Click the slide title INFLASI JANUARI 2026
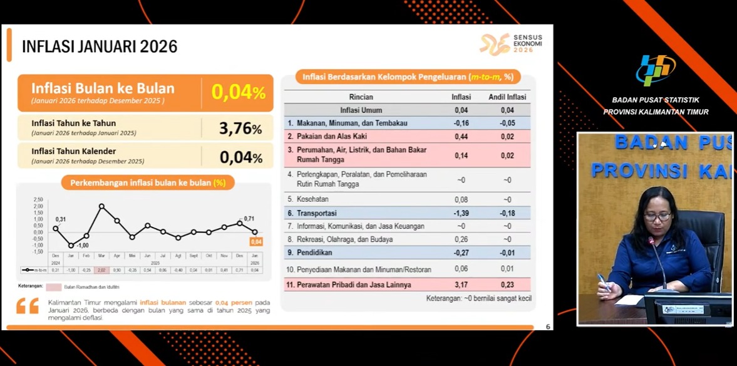pyautogui.click(x=100, y=46)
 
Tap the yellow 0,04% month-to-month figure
pyautogui.click(x=239, y=92)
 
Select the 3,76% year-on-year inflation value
pyautogui.click(x=240, y=128)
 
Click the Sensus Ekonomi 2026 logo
pyautogui.click(x=511, y=44)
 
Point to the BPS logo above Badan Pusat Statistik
pyautogui.click(x=656, y=70)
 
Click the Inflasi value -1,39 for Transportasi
pyautogui.click(x=461, y=213)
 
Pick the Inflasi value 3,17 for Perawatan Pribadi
pyautogui.click(x=461, y=285)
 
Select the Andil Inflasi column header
pyautogui.click(x=507, y=97)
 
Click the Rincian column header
pyautogui.click(x=361, y=97)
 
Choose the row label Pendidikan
pyautogui.click(x=314, y=253)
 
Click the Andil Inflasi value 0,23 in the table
pyautogui.click(x=507, y=285)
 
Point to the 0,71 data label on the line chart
pyautogui.click(x=249, y=218)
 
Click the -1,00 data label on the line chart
pyautogui.click(x=82, y=245)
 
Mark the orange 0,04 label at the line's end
pyautogui.click(x=255, y=242)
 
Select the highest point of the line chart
pyautogui.click(x=101, y=206)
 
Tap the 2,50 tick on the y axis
pyautogui.click(x=38, y=199)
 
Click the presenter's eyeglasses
pyautogui.click(x=657, y=217)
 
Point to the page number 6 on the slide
pyautogui.click(x=548, y=327)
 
